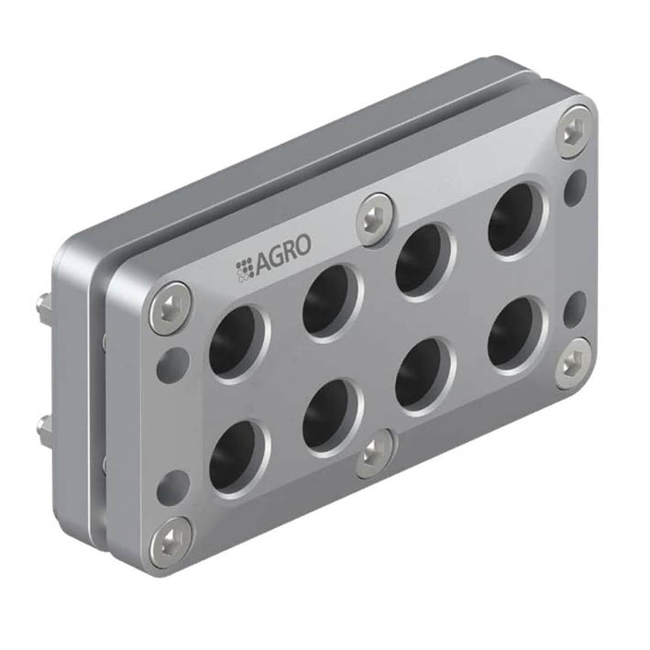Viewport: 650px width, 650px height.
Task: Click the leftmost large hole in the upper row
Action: coord(237,342)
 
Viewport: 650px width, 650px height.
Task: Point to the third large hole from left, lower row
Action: coord(424,375)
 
